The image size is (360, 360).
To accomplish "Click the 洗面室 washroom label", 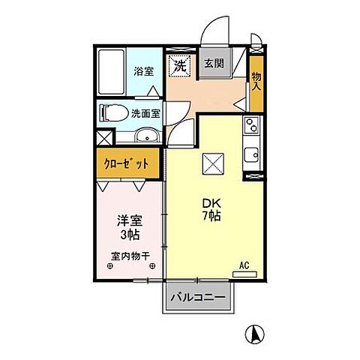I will pyautogui.click(x=145, y=115).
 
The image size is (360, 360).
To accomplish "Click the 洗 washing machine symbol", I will pyautogui.click(x=179, y=66).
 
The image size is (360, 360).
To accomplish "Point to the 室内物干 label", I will pyautogui.click(x=130, y=257).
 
